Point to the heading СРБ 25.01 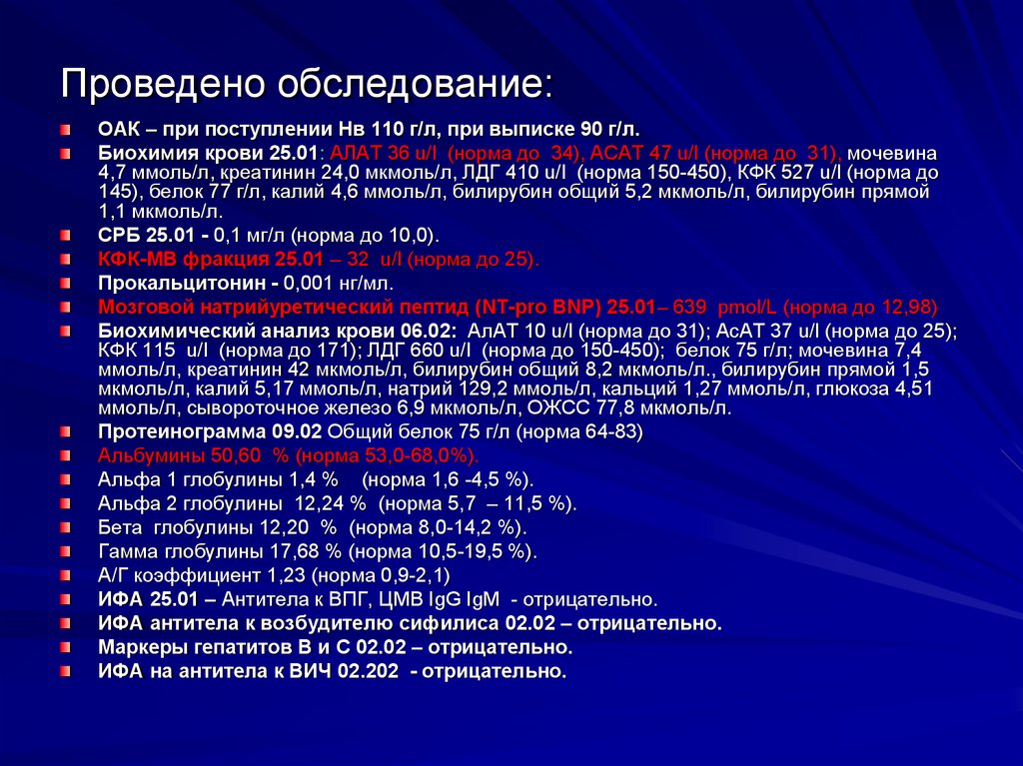[x=146, y=237]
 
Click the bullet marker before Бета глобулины [x=64, y=527]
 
